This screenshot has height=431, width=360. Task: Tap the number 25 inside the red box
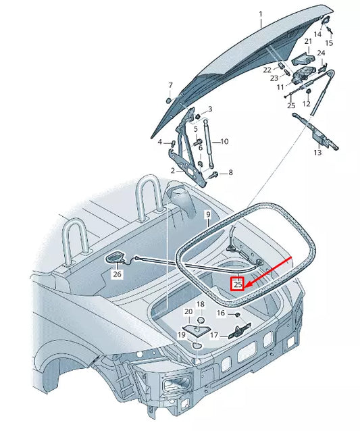(238, 284)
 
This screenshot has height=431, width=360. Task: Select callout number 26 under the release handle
(118, 274)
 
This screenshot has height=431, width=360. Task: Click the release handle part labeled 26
(116, 257)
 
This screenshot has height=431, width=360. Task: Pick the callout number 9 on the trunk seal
(209, 215)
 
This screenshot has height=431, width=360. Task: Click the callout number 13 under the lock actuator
(317, 153)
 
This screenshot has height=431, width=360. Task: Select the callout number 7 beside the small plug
(170, 85)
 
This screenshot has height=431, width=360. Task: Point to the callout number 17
(213, 335)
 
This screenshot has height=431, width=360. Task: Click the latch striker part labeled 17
(236, 330)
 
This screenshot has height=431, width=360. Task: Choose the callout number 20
(188, 311)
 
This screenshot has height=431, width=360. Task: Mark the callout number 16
(221, 313)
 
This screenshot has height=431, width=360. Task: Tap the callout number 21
(308, 42)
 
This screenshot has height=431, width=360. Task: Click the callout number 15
(330, 43)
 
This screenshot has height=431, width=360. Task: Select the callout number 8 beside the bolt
(230, 173)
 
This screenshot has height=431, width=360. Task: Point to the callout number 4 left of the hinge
(161, 143)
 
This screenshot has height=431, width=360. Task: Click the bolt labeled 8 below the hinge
(213, 174)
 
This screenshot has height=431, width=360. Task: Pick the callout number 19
(182, 334)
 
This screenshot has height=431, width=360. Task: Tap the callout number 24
(322, 53)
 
